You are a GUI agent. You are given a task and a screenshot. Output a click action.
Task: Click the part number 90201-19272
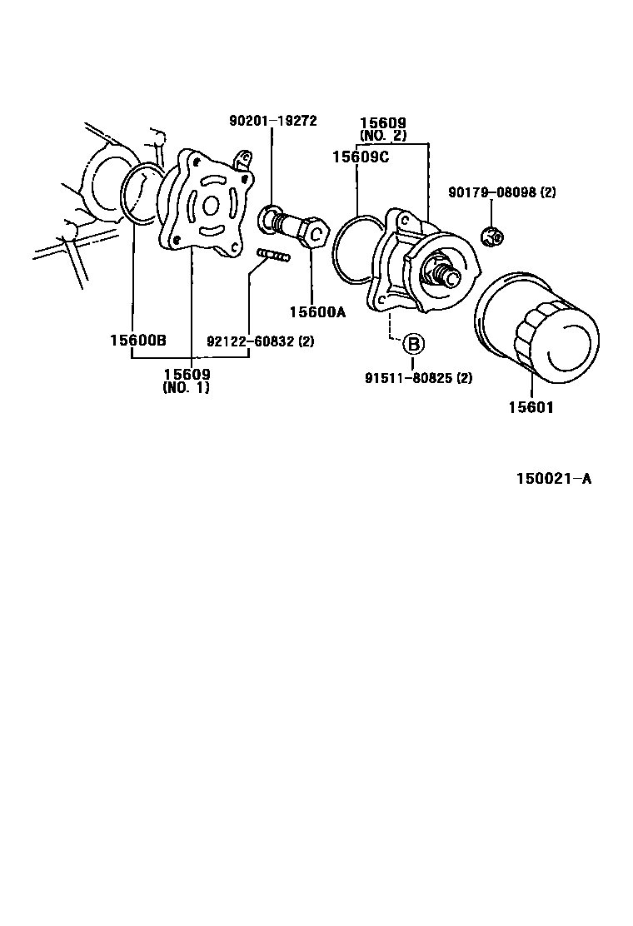click(x=272, y=120)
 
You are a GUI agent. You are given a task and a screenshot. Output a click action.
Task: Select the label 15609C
click(x=360, y=157)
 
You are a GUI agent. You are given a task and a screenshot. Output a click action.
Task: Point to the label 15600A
click(x=317, y=312)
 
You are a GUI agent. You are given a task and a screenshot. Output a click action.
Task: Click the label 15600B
click(x=138, y=340)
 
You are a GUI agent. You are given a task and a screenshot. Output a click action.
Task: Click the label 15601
click(x=531, y=407)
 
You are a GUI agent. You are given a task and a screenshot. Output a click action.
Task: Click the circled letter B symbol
click(x=414, y=343)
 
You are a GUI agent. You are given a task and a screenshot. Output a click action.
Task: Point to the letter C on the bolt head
click(x=316, y=234)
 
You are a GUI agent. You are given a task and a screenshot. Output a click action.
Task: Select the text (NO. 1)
click(x=187, y=388)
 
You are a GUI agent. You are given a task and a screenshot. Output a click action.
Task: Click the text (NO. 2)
click(x=383, y=134)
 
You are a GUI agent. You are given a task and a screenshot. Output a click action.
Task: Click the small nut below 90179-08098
click(x=493, y=237)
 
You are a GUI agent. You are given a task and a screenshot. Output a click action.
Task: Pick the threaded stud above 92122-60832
click(x=272, y=255)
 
